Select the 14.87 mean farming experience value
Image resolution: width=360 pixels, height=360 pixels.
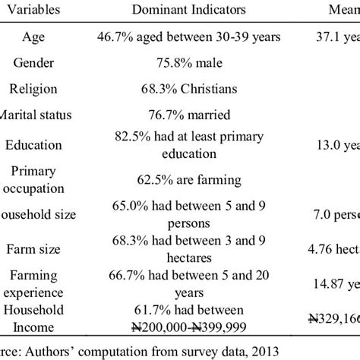(x=342, y=284)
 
